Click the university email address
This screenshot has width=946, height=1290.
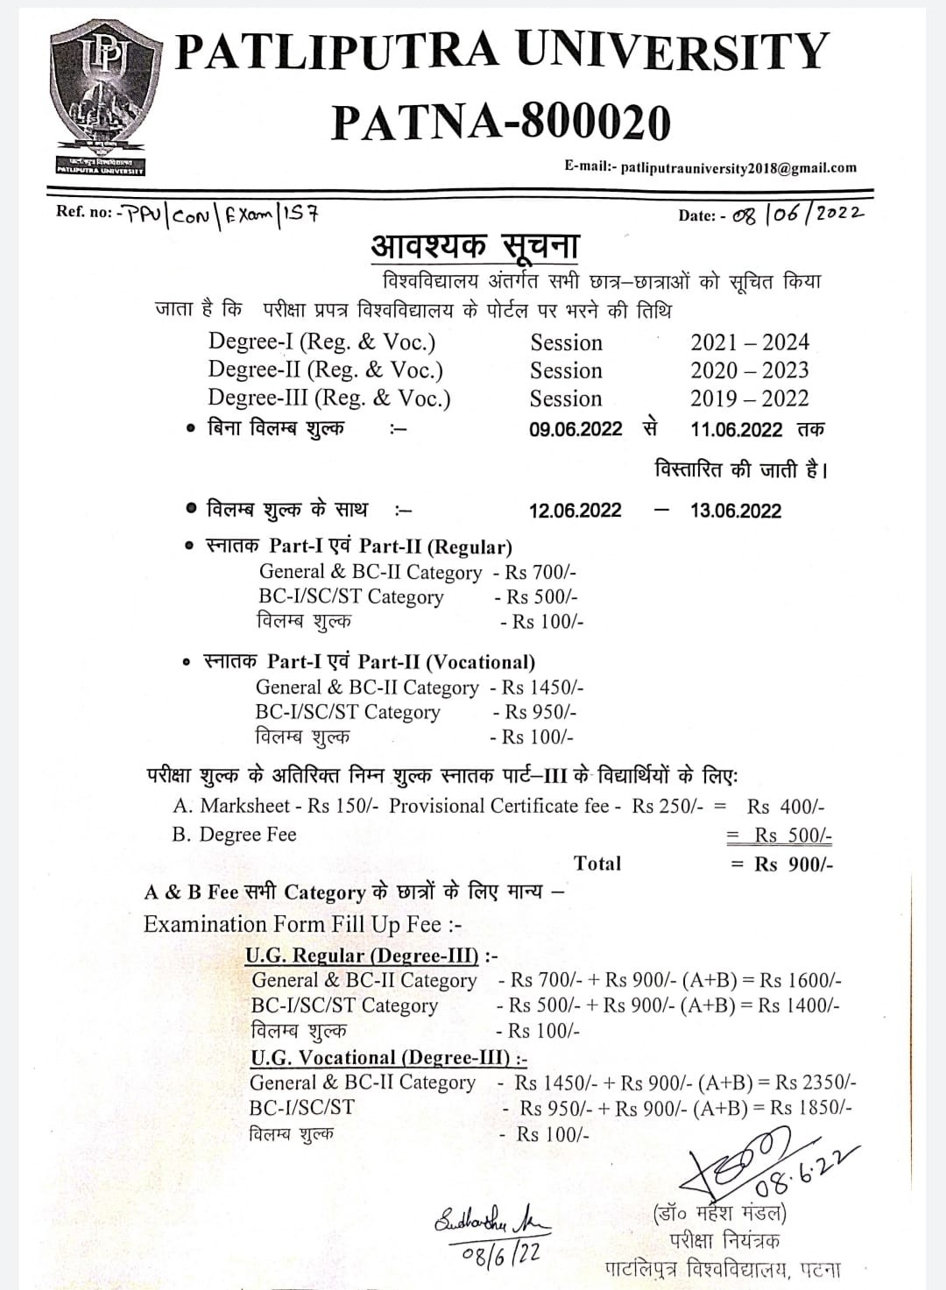[738, 167]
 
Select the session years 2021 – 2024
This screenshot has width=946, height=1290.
[749, 342]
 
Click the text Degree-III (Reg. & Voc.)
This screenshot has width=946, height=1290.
[329, 398]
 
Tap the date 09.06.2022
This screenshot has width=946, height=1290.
[575, 429]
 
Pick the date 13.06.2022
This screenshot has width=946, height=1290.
[735, 511]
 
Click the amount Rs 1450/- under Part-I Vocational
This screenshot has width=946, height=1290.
[542, 687]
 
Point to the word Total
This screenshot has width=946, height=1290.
[597, 864]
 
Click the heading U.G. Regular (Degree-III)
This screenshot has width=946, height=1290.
[362, 955]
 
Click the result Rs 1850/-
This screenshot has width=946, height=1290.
[810, 1108]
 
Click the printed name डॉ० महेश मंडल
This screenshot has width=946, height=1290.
[720, 1215]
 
